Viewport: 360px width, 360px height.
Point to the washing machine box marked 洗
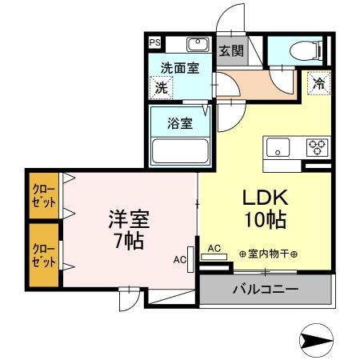click(x=162, y=87)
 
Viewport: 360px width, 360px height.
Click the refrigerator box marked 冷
click(x=318, y=82)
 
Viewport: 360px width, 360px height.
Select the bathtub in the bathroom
click(x=179, y=150)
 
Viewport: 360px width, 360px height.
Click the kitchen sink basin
click(x=278, y=147)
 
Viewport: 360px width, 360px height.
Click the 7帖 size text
click(x=128, y=240)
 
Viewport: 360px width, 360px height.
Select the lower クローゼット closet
click(x=42, y=256)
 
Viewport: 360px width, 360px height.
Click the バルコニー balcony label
click(x=265, y=288)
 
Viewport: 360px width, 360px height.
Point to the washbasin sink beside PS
click(x=197, y=44)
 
